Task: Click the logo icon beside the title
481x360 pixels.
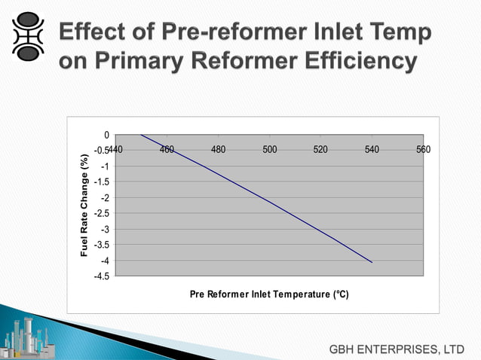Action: coord(27,35)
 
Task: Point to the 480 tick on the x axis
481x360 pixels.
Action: coord(219,150)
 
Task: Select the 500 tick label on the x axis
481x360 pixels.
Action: coord(269,150)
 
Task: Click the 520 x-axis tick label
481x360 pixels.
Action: coord(320,150)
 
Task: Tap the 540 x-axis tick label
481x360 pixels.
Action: coord(372,150)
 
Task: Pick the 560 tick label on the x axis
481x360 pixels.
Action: coord(423,150)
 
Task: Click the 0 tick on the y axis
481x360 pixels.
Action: coord(106,136)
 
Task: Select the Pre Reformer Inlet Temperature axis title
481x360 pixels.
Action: coord(269,294)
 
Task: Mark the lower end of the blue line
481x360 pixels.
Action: coord(372,262)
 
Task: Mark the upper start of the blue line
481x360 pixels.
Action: coord(141,135)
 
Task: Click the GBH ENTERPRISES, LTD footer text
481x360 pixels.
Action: coord(396,349)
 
